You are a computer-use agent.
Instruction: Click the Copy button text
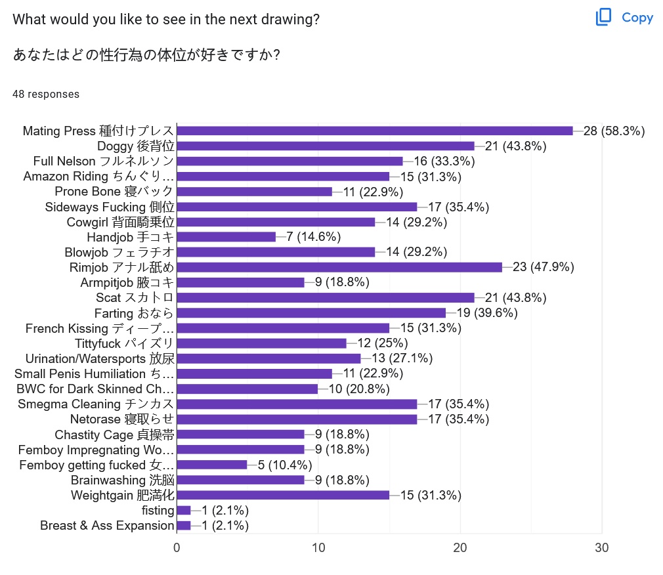[x=637, y=18]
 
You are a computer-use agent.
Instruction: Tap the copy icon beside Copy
[x=603, y=18]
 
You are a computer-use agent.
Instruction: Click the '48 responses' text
[x=46, y=94]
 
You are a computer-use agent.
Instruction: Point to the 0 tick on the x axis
[x=177, y=548]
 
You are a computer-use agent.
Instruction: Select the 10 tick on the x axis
[x=318, y=548]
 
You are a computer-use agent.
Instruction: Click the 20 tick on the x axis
[x=460, y=548]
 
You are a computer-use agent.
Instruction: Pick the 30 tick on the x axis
[x=602, y=548]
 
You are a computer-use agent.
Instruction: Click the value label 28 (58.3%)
[x=614, y=131]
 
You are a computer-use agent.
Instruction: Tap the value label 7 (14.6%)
[x=313, y=237]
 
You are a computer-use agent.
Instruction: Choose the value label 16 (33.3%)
[x=444, y=161]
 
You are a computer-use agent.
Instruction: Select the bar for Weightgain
[x=283, y=495]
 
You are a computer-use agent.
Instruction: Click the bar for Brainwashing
[x=240, y=480]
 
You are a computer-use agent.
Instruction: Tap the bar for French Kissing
[x=283, y=328]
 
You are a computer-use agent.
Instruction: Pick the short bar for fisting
[x=184, y=510]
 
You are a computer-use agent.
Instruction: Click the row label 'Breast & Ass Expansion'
[x=107, y=525]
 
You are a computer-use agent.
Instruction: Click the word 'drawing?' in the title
[x=289, y=19]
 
